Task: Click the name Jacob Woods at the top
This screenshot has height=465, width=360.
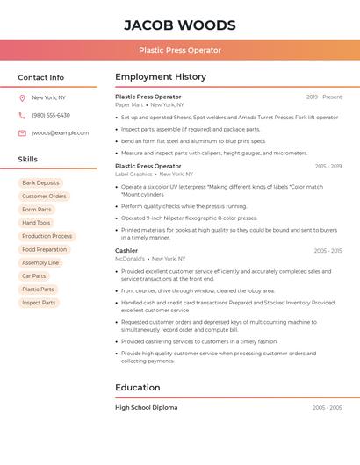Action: click(x=179, y=25)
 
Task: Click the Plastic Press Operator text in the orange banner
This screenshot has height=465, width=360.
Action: click(x=179, y=50)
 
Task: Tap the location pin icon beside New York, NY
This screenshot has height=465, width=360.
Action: click(x=22, y=97)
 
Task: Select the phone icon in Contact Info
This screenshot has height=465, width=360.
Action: click(x=22, y=115)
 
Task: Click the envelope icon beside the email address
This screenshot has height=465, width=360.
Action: click(x=22, y=133)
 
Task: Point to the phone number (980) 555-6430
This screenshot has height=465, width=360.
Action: click(x=51, y=115)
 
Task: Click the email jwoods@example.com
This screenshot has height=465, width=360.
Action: click(x=60, y=133)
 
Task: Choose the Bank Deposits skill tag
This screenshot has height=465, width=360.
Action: click(x=40, y=183)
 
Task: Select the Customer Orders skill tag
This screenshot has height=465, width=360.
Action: click(x=44, y=197)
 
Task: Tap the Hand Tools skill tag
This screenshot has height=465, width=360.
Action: click(x=36, y=223)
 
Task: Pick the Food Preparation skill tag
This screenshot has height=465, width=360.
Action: click(x=44, y=249)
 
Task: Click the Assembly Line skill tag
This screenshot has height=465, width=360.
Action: click(x=40, y=262)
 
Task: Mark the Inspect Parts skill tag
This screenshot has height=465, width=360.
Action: click(x=39, y=303)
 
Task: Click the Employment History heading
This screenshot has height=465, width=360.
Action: click(x=161, y=77)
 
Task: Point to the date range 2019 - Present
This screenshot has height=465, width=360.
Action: click(x=324, y=97)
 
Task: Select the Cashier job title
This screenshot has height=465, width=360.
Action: click(x=126, y=250)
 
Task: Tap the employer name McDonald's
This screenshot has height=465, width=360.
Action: click(x=130, y=259)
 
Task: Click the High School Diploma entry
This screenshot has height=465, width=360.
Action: click(x=146, y=407)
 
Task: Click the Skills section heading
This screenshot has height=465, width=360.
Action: click(x=28, y=160)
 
